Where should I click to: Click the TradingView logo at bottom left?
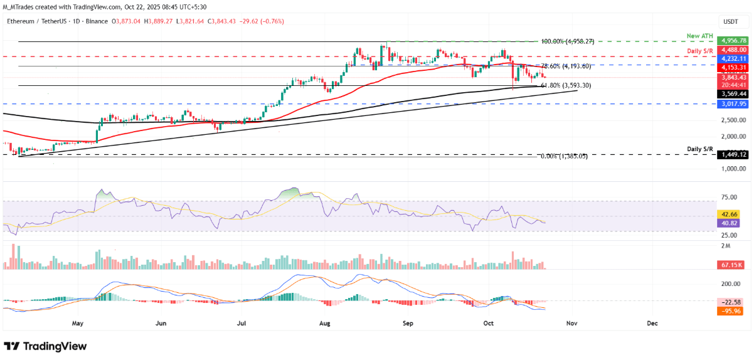click(x=45, y=346)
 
